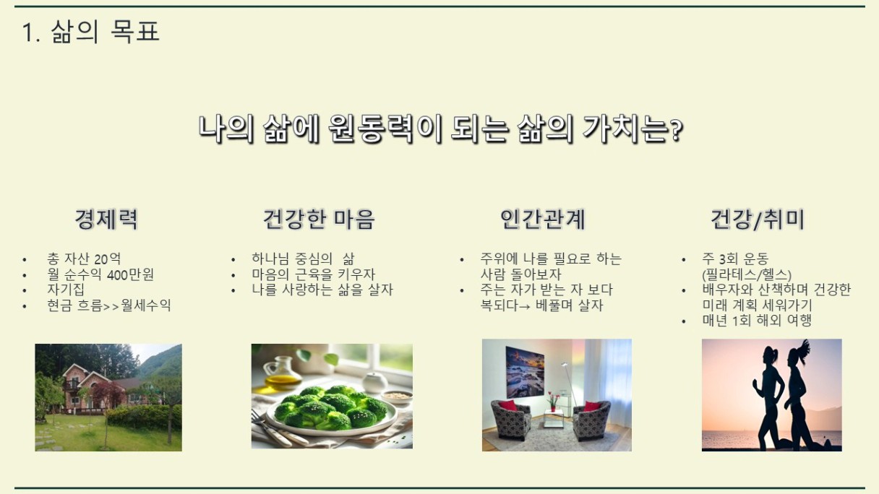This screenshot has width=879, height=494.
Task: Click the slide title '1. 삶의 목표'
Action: pyautogui.click(x=90, y=31)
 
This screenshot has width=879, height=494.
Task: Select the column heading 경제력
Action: pyautogui.click(x=106, y=219)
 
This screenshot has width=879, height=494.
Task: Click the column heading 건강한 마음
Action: pyautogui.click(x=319, y=219)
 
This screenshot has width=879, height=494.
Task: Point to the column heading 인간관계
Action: pyautogui.click(x=543, y=219)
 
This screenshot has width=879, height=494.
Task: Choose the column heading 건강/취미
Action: pyautogui.click(x=758, y=219)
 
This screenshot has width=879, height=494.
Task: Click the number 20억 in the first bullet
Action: pyautogui.click(x=107, y=259)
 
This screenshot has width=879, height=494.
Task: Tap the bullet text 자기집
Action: pyautogui.click(x=66, y=290)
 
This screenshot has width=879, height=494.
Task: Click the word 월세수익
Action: pyautogui.click(x=146, y=305)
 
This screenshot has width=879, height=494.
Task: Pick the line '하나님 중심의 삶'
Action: pyautogui.click(x=303, y=259)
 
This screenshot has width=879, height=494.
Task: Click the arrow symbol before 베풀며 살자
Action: pyautogui.click(x=525, y=306)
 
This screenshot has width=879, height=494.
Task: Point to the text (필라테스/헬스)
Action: pyautogui.click(x=747, y=274)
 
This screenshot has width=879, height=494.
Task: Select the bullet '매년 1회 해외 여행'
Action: pyautogui.click(x=757, y=321)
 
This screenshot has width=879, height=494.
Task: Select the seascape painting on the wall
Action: pyautogui.click(x=525, y=372)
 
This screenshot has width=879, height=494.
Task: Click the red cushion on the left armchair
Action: pyautogui.click(x=510, y=405)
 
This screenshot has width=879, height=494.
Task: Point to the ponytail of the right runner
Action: pyautogui.click(x=805, y=347)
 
